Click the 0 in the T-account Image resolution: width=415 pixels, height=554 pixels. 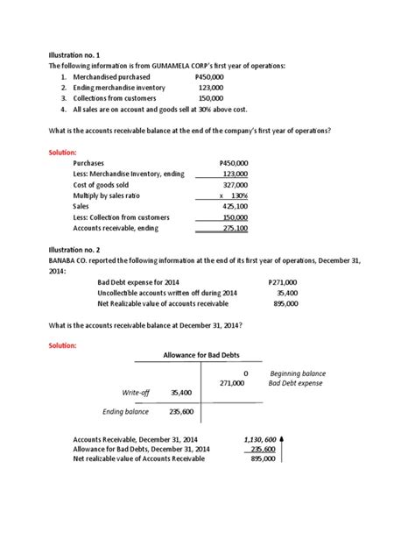coord(246,373)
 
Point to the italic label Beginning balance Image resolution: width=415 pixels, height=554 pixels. coord(297,373)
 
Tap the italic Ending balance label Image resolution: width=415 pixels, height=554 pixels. coord(126,411)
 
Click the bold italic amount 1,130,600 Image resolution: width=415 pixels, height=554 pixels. coord(258,438)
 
